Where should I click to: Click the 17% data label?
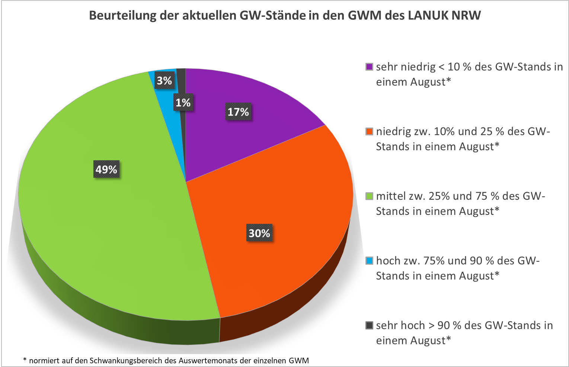pos(238,112)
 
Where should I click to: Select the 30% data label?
pos(259,233)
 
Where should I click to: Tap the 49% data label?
pos(106,170)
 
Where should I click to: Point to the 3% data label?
pos(164,81)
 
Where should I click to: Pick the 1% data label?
pos(183,103)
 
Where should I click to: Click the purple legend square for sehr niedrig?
pos(369,67)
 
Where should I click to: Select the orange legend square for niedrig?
pos(369,132)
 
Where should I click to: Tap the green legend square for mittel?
pos(369,196)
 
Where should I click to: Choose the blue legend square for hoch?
pos(369,261)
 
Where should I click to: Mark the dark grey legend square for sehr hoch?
pos(369,325)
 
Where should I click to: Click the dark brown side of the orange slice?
pos(283,320)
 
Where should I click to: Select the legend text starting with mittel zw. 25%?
pos(460,203)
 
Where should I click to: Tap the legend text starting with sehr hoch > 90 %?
pos(464,333)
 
